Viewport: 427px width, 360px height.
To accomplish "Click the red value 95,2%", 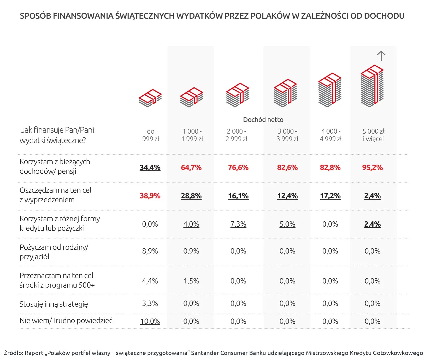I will coord(372,167).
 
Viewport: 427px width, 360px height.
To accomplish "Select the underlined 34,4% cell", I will coord(150,167).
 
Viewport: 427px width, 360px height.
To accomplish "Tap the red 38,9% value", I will coord(150,196).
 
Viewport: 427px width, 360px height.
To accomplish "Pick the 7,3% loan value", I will coord(238,224).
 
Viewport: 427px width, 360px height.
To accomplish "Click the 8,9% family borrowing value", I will coord(150,251).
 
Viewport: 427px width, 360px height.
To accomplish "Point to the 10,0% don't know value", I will coord(150,321).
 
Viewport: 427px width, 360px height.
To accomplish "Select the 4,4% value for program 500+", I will coord(150,281).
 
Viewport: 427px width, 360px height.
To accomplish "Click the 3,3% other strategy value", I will coord(150,303).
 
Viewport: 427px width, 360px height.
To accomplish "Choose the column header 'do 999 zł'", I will coord(151,135).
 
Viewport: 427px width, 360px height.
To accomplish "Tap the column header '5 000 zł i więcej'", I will coord(373,135).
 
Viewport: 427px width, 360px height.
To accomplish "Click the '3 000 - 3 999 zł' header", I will coord(287,135).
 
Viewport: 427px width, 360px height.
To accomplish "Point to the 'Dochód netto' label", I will coord(263,120).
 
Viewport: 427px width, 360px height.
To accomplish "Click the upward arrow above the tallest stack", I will coord(381,56).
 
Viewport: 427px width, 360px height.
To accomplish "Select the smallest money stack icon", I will coord(150,98).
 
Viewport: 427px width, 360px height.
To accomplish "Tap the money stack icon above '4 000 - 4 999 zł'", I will coord(330,90).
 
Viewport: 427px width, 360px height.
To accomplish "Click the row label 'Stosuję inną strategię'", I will coord(54,304).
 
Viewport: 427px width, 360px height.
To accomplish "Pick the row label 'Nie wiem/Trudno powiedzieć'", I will coord(66,321).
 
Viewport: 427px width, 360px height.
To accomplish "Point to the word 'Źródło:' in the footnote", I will coord(13,353).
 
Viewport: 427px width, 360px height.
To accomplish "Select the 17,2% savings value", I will coord(330,196).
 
